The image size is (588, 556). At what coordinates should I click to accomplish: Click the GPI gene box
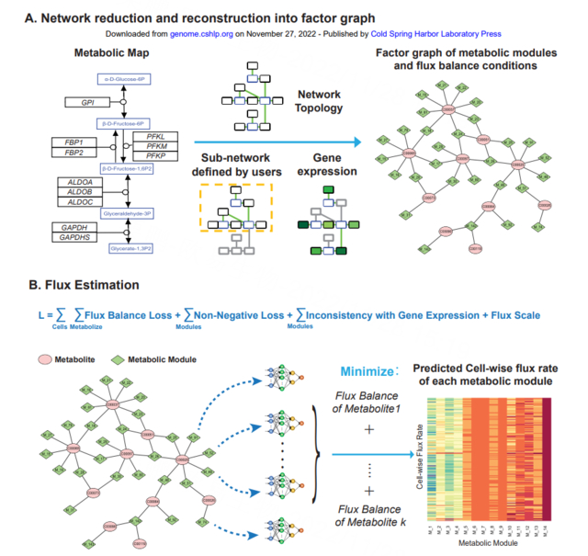88,103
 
